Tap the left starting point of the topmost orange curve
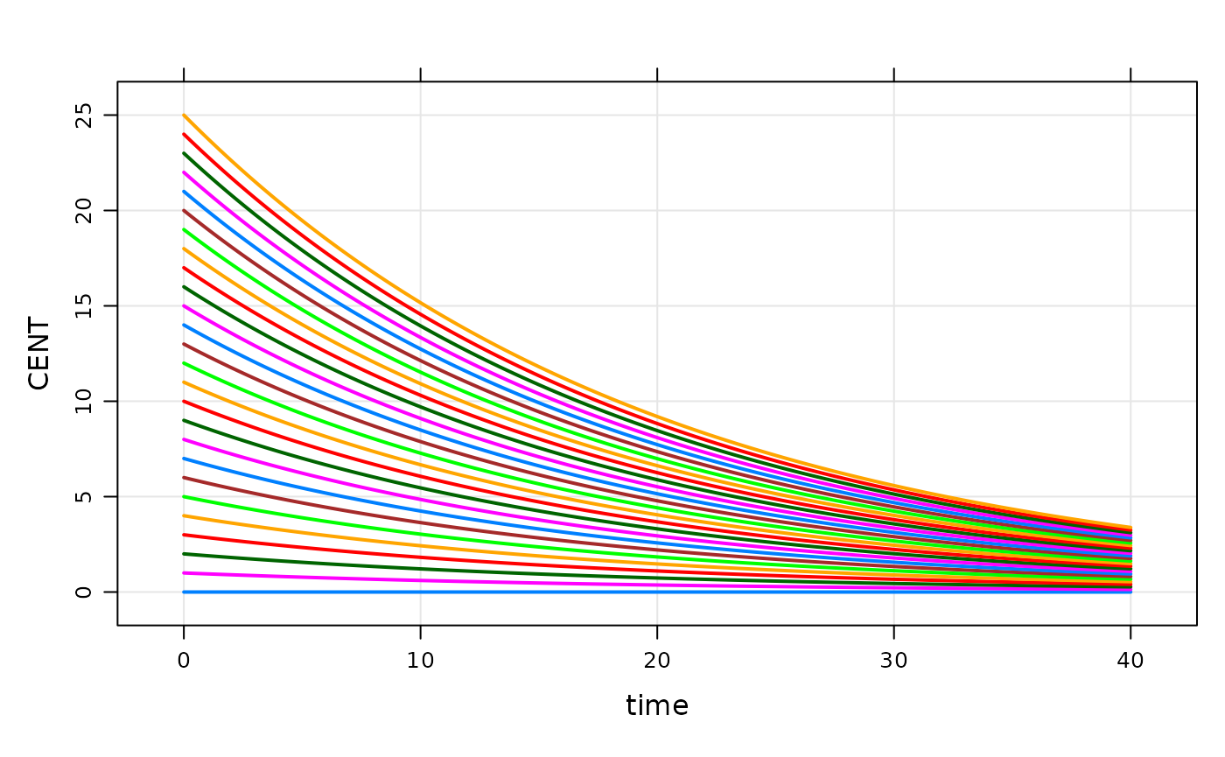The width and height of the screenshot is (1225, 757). (184, 115)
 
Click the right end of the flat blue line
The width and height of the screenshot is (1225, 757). (1130, 592)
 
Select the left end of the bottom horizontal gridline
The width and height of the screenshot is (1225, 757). (121, 592)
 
